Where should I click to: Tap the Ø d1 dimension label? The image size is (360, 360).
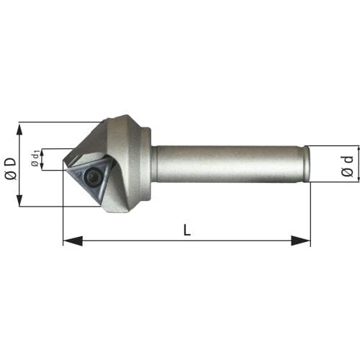click(x=35, y=158)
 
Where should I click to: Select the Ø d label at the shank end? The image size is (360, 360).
click(x=347, y=166)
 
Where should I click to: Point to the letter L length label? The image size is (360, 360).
click(x=187, y=230)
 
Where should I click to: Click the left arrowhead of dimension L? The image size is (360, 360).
click(x=73, y=240)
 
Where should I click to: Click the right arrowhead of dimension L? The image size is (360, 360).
click(x=301, y=240)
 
